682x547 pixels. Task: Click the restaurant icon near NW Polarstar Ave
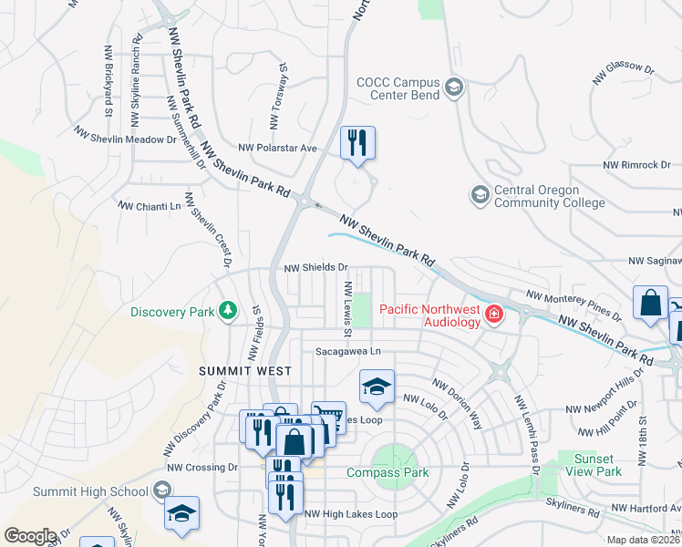(357, 143)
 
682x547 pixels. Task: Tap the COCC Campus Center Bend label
(398, 88)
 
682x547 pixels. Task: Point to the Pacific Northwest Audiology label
(429, 315)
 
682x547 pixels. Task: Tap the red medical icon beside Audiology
(493, 315)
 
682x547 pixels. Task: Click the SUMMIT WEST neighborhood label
(246, 371)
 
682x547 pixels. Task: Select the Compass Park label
(387, 473)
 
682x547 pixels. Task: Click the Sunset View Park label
(597, 465)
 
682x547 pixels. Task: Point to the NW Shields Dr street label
(315, 268)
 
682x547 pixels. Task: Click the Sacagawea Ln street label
(347, 351)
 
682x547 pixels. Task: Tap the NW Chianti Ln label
(150, 207)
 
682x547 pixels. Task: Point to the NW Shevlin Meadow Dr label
(126, 139)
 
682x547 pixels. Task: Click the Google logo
(30, 535)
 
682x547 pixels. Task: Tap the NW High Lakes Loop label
(351, 514)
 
